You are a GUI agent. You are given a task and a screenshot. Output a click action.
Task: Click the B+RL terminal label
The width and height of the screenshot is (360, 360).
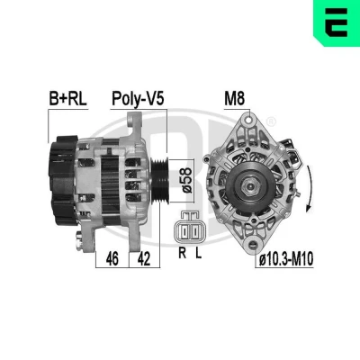67,99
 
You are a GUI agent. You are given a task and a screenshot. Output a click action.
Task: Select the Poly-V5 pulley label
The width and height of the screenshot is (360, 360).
138,99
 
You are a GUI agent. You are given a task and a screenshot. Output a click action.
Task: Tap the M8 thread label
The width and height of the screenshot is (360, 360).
235,98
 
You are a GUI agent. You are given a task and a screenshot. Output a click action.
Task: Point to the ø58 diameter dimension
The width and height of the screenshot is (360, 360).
186,180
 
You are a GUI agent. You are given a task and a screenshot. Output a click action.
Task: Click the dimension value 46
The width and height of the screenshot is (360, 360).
112,258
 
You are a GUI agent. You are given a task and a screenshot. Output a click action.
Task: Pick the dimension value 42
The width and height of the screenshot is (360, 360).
144,258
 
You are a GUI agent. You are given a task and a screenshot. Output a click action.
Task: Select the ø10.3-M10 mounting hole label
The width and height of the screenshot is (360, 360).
286,258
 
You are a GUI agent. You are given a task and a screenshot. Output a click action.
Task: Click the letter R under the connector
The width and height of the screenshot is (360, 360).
182,253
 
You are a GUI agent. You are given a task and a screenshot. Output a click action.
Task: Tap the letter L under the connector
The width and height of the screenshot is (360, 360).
198,253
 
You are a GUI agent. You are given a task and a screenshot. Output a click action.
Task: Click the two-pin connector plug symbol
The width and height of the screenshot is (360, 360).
190,227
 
